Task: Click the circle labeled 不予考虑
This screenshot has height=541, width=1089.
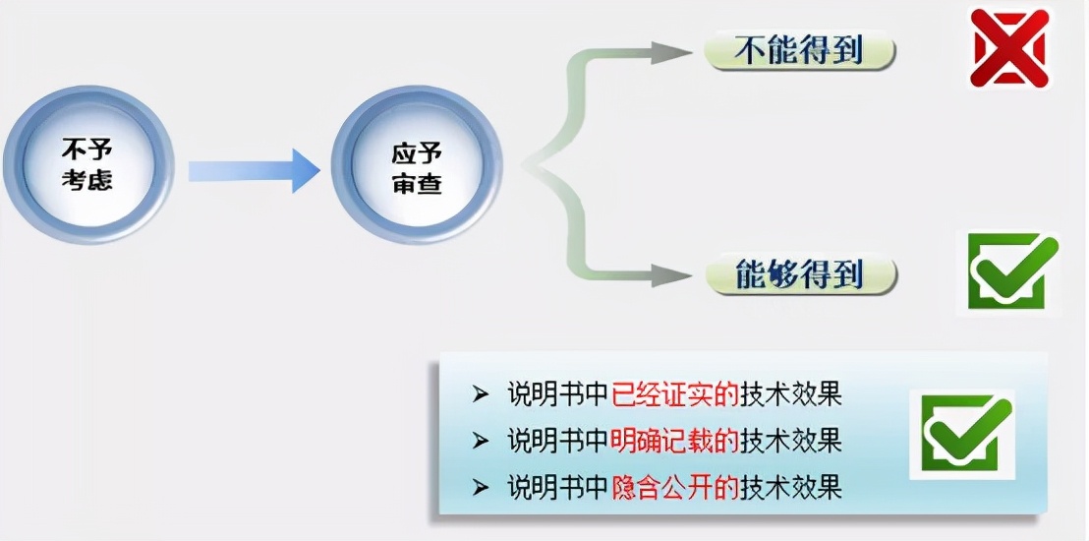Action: click(88, 165)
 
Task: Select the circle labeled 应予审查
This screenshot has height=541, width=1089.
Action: click(417, 165)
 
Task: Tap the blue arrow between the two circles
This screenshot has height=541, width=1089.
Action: click(255, 170)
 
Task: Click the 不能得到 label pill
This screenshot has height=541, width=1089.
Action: click(800, 52)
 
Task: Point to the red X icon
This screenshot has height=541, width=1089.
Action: click(1009, 48)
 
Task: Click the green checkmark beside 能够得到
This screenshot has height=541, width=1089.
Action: click(1012, 271)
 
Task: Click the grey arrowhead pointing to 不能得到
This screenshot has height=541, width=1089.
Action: click(671, 53)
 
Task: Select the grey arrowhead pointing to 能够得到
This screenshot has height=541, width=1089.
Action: click(671, 275)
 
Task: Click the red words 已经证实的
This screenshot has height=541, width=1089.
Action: click(673, 394)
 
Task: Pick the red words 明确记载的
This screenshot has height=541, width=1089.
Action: click(673, 441)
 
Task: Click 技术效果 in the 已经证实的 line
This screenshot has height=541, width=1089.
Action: click(790, 394)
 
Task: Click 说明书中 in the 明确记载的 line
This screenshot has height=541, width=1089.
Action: click(558, 441)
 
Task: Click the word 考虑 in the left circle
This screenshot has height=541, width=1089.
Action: click(86, 181)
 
